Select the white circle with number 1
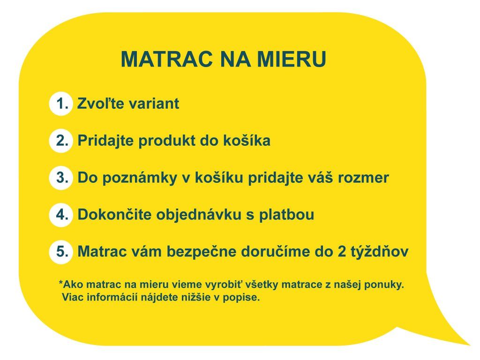click(61, 104)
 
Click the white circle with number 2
click(61, 141)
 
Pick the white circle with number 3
click(61, 178)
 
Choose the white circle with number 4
click(61, 214)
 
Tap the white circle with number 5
click(61, 251)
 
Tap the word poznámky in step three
click(140, 178)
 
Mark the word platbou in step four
click(286, 215)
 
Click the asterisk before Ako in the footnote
click(60, 282)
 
